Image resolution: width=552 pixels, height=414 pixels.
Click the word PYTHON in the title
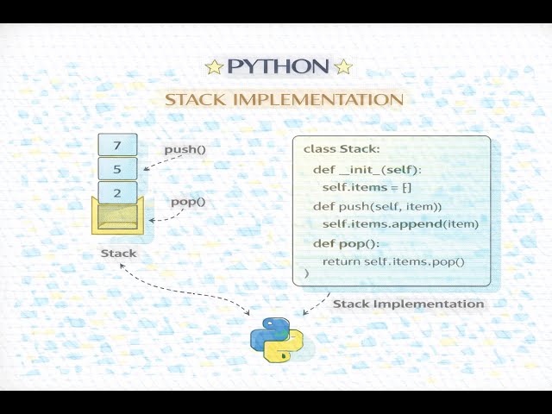279,66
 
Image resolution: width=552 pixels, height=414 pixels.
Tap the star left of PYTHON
215,67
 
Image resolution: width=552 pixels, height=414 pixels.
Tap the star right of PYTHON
342,67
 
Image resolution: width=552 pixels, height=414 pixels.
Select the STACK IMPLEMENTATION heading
284,99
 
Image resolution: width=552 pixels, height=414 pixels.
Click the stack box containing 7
117,145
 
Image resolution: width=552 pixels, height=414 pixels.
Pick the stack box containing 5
117,169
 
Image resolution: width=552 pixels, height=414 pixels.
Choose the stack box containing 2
117,193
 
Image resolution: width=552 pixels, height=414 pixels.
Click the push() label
185,149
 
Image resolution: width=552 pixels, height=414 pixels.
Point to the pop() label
188,202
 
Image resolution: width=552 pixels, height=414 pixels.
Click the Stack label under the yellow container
118,254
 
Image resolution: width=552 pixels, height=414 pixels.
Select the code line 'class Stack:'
342,149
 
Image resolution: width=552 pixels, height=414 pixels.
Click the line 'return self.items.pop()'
392,261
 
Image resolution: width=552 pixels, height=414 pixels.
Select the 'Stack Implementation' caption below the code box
408,304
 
